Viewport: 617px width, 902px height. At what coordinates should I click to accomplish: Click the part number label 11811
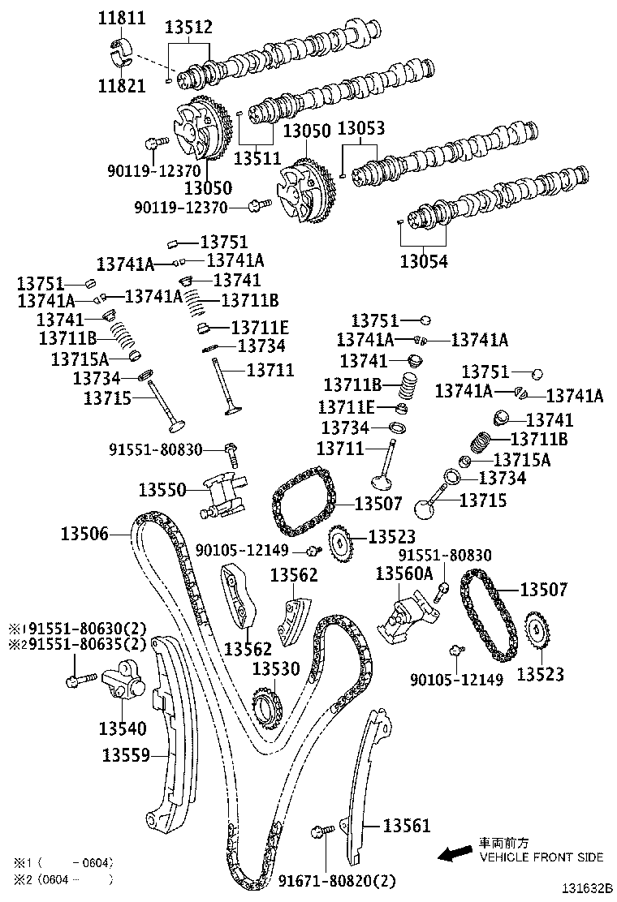pos(122,17)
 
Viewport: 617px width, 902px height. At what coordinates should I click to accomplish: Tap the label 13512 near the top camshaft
pos(188,28)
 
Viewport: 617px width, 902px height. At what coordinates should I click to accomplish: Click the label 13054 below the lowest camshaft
pos(423,262)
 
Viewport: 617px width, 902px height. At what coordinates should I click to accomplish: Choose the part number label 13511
pos(257,157)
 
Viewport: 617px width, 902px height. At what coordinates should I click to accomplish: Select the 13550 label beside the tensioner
pos(162,489)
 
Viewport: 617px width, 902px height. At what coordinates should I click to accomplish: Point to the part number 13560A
pos(403,573)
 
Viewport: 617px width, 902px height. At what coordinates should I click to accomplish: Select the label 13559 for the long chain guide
pos(126,755)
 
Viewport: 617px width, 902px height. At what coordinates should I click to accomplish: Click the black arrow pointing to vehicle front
pos(454,853)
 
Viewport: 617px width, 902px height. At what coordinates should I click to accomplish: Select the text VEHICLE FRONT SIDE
pos(541,857)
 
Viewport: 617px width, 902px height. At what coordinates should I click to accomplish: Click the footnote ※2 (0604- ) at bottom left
pos(61,879)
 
